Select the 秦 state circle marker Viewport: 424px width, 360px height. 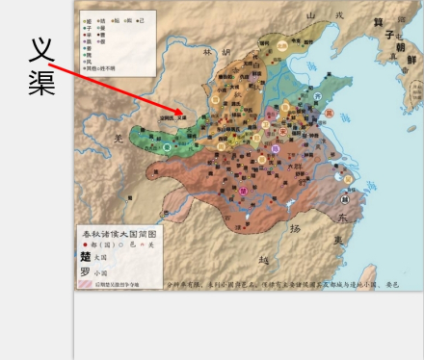167,147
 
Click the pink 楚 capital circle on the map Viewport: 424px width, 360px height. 243,191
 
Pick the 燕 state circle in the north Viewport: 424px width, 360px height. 281,44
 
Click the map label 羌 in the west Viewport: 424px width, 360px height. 119,138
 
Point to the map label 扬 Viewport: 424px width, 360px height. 295,228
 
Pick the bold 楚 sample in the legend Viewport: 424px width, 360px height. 86,257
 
